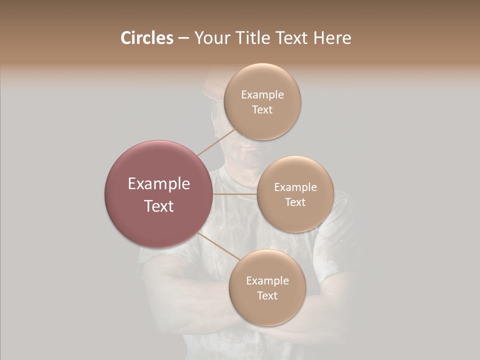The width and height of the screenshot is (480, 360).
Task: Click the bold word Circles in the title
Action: tap(147, 38)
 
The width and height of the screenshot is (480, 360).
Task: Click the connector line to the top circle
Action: tap(216, 143)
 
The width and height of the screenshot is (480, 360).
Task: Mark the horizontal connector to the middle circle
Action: tap(234, 194)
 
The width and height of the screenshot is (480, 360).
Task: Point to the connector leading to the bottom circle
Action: tap(218, 247)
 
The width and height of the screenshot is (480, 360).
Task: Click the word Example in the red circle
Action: tap(159, 184)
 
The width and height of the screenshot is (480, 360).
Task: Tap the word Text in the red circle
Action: tap(159, 206)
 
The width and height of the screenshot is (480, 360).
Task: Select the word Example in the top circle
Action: tap(262, 95)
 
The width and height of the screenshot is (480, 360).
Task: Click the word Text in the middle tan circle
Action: tap(295, 202)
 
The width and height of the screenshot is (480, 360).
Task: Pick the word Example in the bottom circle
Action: tap(267, 281)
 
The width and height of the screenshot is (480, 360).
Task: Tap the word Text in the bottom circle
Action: tap(267, 296)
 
